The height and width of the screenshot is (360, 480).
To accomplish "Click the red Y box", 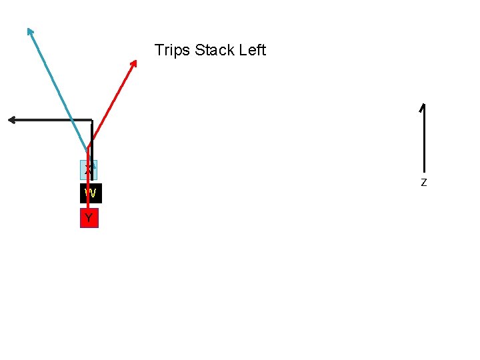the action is tap(89, 219).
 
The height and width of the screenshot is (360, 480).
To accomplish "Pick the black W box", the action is tap(91, 193).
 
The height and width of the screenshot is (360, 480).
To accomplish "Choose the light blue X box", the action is tap(89, 170).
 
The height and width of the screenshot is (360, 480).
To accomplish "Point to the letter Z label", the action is tap(423, 182).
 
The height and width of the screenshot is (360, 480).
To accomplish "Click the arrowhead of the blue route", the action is tap(29, 31).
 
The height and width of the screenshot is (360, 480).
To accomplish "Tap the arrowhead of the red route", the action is tap(134, 63).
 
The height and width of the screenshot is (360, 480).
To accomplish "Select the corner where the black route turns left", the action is tap(91, 120).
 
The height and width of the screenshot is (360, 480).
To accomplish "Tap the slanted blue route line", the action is tap(59, 90).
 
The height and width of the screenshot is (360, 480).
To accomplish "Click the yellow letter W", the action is tap(91, 194).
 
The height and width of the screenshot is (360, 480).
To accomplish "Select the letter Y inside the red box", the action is tap(89, 218).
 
